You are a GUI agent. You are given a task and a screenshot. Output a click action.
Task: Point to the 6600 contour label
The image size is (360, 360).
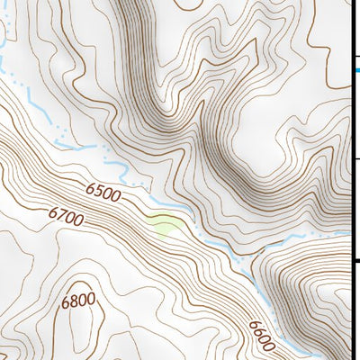262,335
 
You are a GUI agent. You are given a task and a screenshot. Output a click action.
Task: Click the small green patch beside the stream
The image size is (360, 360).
165,225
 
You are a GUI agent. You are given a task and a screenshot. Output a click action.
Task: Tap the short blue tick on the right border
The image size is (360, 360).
354,67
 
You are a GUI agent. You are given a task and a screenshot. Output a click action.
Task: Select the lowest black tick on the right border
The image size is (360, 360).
355,262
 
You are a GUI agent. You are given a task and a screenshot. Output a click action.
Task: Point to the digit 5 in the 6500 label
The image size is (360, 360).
99,190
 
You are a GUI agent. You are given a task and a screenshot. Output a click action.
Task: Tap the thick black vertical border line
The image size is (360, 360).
351,180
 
